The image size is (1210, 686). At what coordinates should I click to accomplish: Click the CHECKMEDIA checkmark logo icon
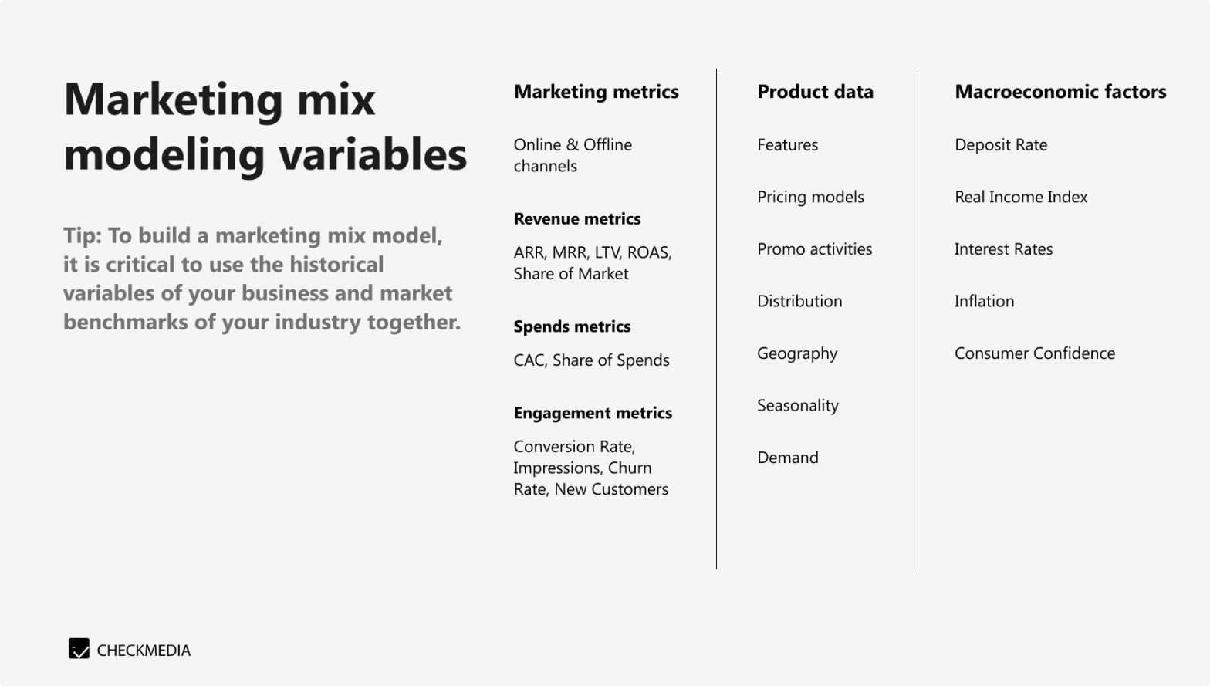(79, 649)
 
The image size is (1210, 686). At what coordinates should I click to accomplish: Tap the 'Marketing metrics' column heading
(596, 92)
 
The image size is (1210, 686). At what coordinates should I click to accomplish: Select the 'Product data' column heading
(815, 92)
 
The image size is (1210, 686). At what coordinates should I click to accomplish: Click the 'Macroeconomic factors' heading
(1060, 92)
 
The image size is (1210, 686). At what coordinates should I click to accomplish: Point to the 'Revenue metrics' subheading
(576, 219)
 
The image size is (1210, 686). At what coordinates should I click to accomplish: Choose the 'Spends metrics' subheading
(572, 327)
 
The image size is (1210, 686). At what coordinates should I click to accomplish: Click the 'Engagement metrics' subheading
(593, 414)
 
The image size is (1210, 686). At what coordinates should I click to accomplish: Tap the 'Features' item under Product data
(787, 145)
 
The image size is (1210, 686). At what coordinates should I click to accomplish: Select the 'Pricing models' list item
(810, 197)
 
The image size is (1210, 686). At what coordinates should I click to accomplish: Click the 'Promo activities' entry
(814, 249)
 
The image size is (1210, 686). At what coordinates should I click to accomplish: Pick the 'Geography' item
(797, 353)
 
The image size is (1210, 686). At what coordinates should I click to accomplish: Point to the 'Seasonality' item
(797, 406)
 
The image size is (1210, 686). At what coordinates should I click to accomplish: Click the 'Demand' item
(787, 458)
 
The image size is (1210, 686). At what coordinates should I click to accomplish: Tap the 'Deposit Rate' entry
(1001, 145)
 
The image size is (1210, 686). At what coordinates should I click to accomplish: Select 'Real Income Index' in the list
(1020, 197)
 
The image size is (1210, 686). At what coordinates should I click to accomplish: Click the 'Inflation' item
(984, 302)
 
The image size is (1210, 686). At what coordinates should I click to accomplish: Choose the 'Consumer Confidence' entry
(1034, 353)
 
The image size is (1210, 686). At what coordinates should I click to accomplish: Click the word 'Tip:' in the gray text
(82, 235)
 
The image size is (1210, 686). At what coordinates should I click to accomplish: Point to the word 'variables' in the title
(373, 154)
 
